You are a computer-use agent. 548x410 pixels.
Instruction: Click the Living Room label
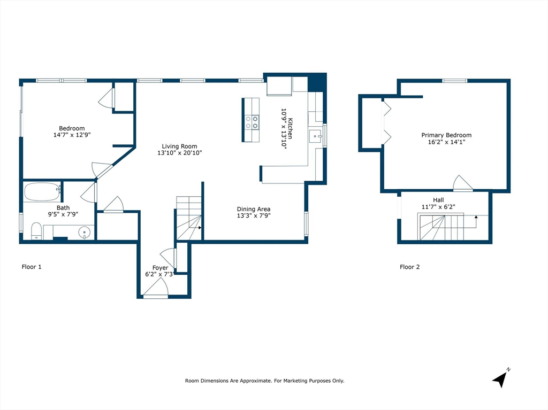coord(180,146)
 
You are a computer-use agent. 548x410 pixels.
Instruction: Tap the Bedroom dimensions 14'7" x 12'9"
coord(72,135)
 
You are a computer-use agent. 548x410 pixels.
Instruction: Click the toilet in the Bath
coord(36,230)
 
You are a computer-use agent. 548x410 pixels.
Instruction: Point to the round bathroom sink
coord(84,233)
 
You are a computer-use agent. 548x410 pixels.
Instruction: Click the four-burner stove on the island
coord(250,122)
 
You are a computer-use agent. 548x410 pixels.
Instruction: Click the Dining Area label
coord(254,209)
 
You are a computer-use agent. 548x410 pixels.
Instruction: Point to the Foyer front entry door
coord(156,289)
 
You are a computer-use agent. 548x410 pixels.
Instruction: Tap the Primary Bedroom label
coord(446,135)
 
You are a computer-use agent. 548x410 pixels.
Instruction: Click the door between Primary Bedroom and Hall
coord(462,184)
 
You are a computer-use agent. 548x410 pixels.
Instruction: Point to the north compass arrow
coord(500,378)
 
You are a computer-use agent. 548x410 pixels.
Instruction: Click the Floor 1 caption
coord(31,267)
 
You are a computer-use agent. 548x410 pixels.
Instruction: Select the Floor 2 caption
coord(409,267)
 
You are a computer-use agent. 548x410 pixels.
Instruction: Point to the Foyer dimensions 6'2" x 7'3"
coord(159,274)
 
